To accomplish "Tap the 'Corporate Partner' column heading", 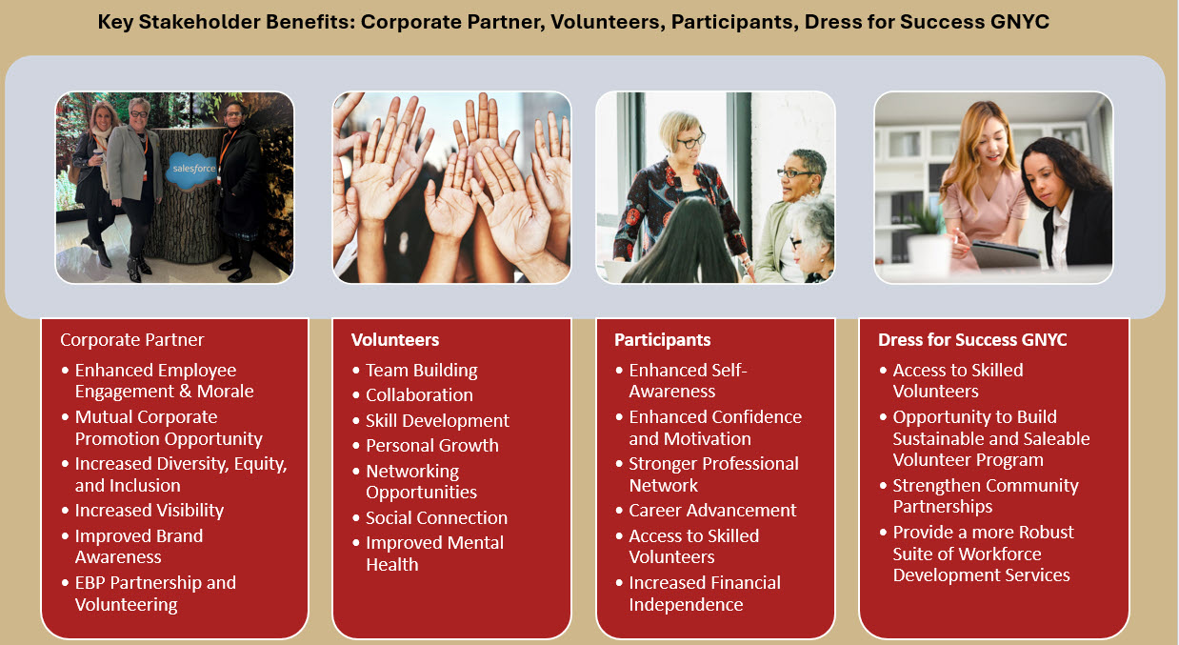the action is [x=131, y=339].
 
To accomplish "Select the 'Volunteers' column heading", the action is [x=395, y=339].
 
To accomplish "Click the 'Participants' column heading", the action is [x=662, y=340].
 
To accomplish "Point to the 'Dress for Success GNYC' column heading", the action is [x=972, y=339].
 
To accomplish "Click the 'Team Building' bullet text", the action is [x=422, y=371].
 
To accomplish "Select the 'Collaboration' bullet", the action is [x=419, y=395].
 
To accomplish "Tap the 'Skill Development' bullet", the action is [x=437, y=421].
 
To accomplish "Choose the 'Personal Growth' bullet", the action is [x=432, y=446].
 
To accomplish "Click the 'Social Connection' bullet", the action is [x=436, y=517].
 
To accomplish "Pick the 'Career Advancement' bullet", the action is [x=712, y=511].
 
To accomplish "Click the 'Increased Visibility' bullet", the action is [x=149, y=511].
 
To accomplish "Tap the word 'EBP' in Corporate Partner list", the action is [x=90, y=583].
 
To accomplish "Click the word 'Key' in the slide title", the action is [x=115, y=22].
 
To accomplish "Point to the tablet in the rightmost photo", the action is [x=1005, y=252].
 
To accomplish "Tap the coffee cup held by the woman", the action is [x=98, y=155].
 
